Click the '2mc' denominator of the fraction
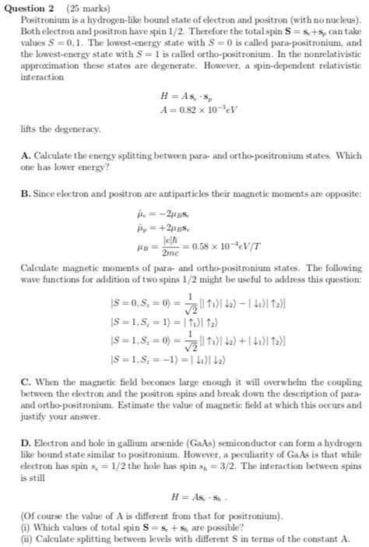[x=169, y=252]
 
